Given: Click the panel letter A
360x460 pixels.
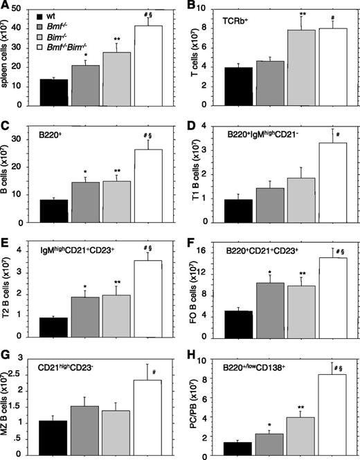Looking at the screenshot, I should (6, 7).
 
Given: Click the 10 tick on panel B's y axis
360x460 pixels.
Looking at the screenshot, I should (204, 8).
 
